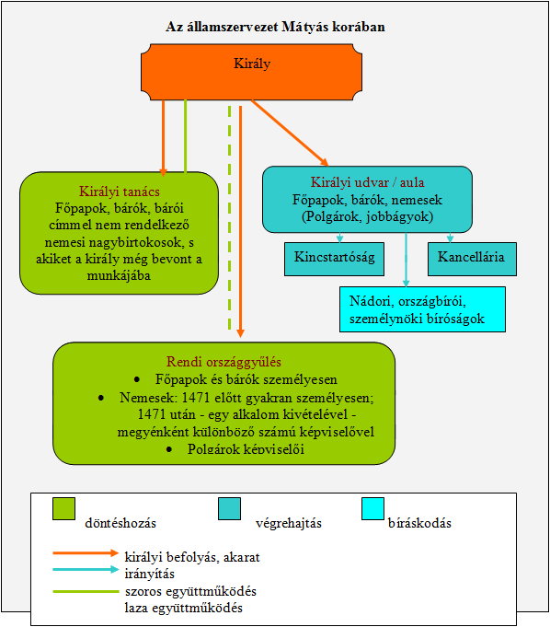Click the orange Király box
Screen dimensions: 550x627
click(x=252, y=72)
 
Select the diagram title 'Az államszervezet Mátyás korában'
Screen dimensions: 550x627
click(x=275, y=27)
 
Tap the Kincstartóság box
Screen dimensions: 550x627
click(x=334, y=259)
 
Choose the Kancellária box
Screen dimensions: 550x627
click(x=472, y=259)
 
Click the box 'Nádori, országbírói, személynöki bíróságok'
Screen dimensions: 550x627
click(x=422, y=309)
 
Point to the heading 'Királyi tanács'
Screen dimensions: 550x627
click(x=119, y=192)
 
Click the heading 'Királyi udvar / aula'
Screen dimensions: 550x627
click(x=368, y=182)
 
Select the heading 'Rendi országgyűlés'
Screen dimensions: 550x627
click(x=223, y=362)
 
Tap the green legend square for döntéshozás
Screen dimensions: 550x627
click(x=63, y=508)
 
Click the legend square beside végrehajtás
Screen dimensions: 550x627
click(x=230, y=508)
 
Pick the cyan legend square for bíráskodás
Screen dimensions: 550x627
click(x=373, y=508)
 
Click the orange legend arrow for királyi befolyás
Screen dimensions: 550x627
click(x=86, y=553)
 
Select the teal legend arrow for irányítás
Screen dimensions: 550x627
click(x=86, y=569)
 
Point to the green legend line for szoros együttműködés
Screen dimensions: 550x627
click(x=86, y=591)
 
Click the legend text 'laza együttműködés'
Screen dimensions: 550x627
click(x=183, y=608)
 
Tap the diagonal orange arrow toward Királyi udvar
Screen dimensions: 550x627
click(x=290, y=133)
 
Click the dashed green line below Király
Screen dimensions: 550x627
click(x=230, y=218)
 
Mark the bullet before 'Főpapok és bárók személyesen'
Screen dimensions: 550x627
click(x=137, y=379)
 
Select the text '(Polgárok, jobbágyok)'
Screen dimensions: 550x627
click(x=368, y=216)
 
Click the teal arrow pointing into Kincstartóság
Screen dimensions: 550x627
click(x=340, y=238)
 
